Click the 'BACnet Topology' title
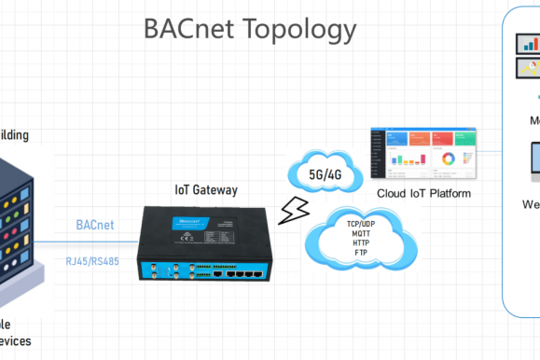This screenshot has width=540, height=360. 250,29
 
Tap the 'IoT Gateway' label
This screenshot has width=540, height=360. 206,190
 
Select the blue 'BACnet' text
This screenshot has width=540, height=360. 96,225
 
